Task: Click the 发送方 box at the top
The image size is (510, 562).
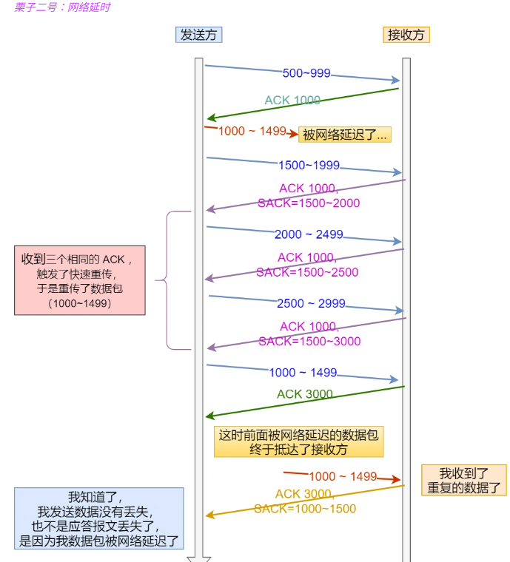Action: pyautogui.click(x=199, y=35)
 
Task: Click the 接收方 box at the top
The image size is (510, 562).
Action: pyautogui.click(x=406, y=35)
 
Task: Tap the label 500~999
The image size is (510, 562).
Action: pyautogui.click(x=306, y=73)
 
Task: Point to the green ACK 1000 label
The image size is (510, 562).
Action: pyautogui.click(x=292, y=101)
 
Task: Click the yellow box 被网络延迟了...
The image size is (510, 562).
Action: pyautogui.click(x=344, y=135)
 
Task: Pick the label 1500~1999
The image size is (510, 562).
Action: pyautogui.click(x=309, y=165)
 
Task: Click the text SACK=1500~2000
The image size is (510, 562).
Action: pyautogui.click(x=309, y=203)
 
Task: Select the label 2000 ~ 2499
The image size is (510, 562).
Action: pyautogui.click(x=309, y=234)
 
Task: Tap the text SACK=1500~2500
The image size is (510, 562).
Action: pyautogui.click(x=307, y=272)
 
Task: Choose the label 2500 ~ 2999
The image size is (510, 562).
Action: pyautogui.click(x=311, y=304)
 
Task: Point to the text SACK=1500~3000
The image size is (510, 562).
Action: pyautogui.click(x=309, y=341)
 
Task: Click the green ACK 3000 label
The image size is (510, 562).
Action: pyautogui.click(x=305, y=394)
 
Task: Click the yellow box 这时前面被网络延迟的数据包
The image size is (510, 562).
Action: pyautogui.click(x=298, y=442)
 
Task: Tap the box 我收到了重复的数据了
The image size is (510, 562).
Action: pyautogui.click(x=464, y=481)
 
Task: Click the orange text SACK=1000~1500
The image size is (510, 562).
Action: pyautogui.click(x=305, y=509)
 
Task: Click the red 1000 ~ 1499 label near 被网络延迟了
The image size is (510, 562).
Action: pyautogui.click(x=252, y=131)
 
